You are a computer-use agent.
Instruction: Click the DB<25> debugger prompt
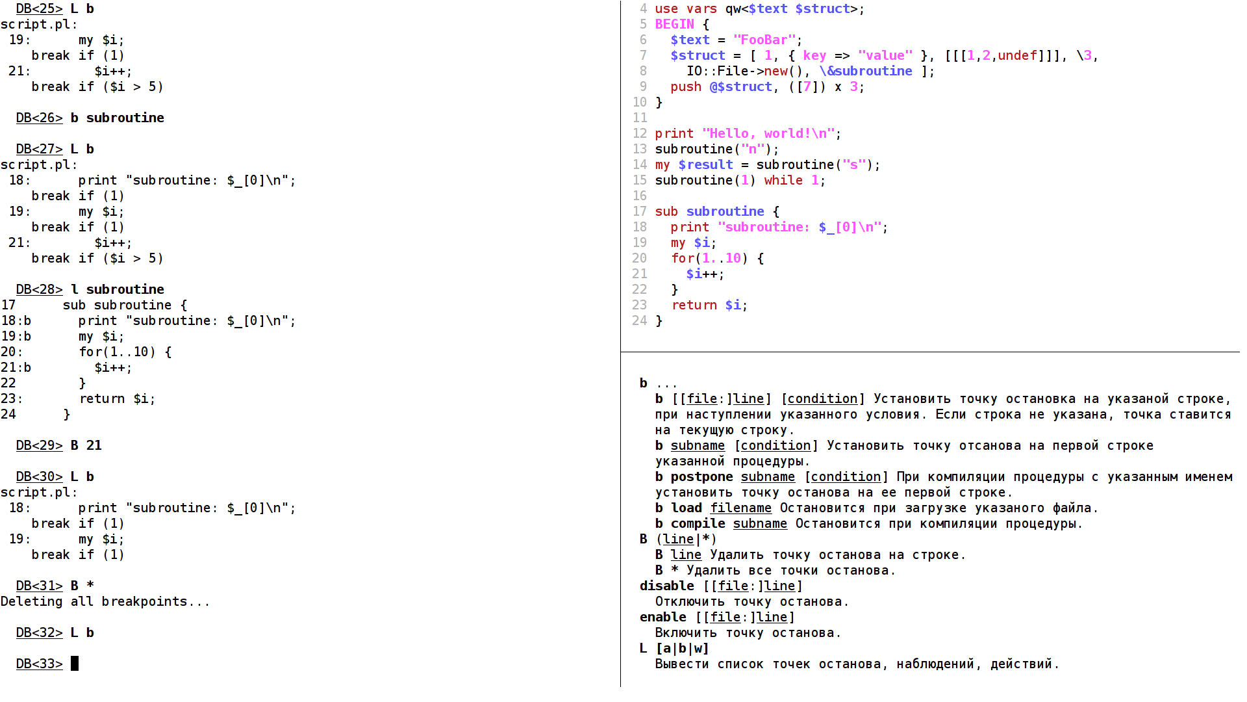click(39, 8)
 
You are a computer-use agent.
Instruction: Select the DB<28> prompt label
click(39, 289)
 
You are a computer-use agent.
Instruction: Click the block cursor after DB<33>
click(75, 664)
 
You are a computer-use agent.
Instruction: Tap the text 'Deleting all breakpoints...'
click(105, 601)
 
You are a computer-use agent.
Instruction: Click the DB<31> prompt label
click(39, 586)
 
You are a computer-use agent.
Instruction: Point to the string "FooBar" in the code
click(764, 40)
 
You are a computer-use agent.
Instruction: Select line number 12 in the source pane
click(640, 133)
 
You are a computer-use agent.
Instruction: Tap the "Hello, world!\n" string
click(768, 133)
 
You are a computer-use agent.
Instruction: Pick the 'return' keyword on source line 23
click(694, 305)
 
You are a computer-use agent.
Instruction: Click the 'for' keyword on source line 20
click(683, 258)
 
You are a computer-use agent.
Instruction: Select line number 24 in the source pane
click(640, 320)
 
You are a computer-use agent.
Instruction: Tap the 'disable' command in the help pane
click(666, 586)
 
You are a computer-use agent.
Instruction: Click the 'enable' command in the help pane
click(662, 617)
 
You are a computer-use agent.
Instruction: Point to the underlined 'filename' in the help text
click(740, 508)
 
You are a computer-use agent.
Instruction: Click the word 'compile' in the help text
click(698, 523)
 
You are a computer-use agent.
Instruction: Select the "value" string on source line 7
click(885, 55)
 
